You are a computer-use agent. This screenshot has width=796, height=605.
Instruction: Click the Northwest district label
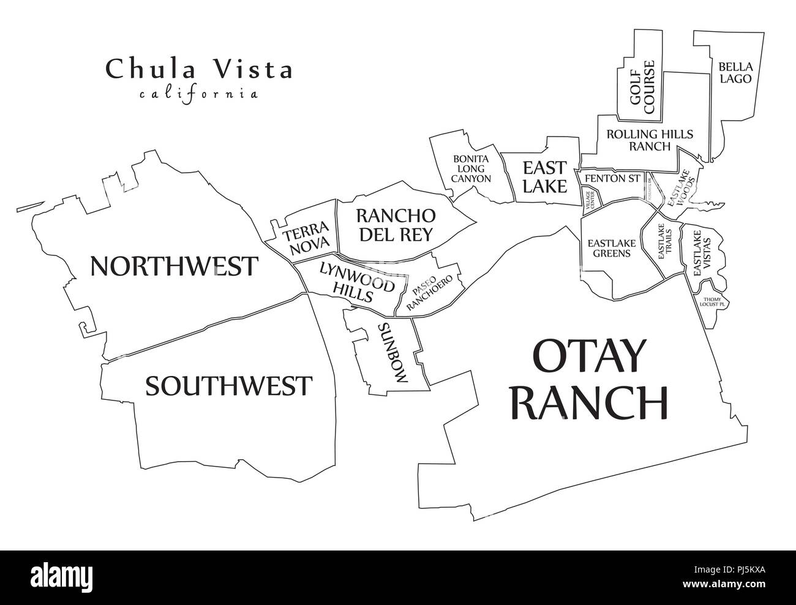coord(174,266)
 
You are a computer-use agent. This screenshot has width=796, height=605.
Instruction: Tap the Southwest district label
coord(228,386)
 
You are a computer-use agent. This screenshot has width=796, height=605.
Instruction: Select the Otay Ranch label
coord(589,380)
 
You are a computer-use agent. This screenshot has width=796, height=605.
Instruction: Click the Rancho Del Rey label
coord(395,225)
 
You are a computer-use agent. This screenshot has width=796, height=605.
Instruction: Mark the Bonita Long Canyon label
coord(471,168)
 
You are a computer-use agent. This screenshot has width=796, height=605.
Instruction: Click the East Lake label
coord(544,176)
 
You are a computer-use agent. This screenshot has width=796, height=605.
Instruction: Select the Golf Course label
coord(642,87)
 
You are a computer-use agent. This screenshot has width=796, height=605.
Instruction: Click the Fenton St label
coord(612,178)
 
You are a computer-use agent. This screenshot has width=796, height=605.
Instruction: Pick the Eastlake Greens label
coord(612,248)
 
